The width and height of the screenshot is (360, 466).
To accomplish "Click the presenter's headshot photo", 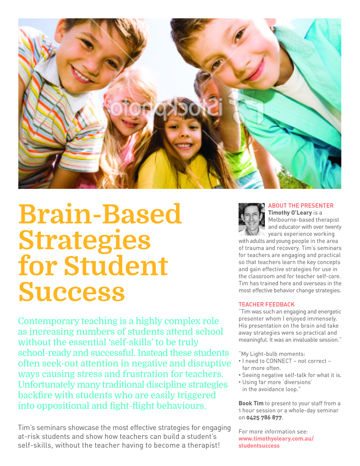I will click(251, 219).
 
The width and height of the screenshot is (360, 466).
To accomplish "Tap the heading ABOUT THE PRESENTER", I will click(301, 205).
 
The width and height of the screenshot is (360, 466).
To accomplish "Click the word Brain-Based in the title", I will click(100, 214).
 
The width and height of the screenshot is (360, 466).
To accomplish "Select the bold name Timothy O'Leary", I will click(290, 213).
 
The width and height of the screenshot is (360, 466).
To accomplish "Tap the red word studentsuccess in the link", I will click(259, 445).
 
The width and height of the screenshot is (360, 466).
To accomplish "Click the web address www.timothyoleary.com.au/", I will click(276, 438).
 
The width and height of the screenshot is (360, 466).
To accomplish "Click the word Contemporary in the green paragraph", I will click(48, 321).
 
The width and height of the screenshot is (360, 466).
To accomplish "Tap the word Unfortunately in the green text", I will click(47, 384).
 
